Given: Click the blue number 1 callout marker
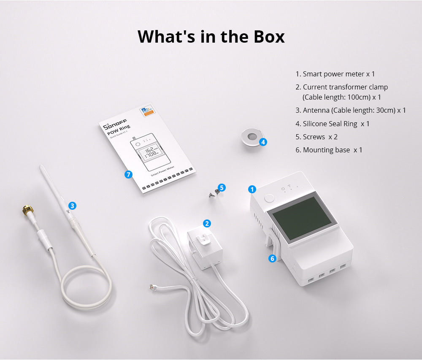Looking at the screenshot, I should (x=252, y=189).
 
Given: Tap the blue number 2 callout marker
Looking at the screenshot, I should (x=207, y=224).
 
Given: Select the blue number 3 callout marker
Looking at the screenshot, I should (x=73, y=206).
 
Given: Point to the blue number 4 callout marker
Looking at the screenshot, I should (x=263, y=142).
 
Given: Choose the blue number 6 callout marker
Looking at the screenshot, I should (x=272, y=258).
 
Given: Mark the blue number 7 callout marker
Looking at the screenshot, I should (x=129, y=174).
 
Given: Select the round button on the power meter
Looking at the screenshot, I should (x=269, y=199).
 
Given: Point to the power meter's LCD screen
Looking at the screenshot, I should (x=303, y=217).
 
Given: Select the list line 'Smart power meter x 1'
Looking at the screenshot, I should (x=335, y=74).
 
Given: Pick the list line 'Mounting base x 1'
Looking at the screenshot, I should (x=328, y=150).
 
